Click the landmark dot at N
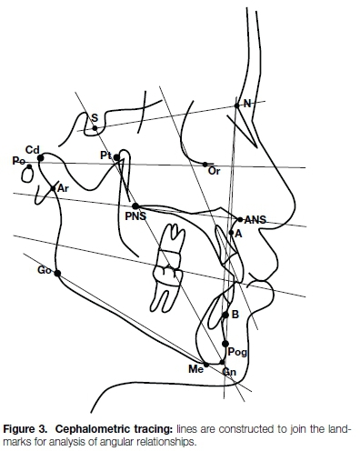pyautogui.click(x=236, y=105)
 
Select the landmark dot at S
pyautogui.click(x=95, y=128)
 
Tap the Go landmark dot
pyautogui.click(x=57, y=274)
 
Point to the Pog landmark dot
pyautogui.click(x=225, y=344)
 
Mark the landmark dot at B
pyautogui.click(x=225, y=316)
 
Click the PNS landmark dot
pyautogui.click(x=135, y=206)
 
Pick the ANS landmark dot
pyautogui.click(x=240, y=219)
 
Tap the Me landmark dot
pyautogui.click(x=206, y=365)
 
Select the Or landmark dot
pyautogui.click(x=205, y=165)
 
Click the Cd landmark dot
pyautogui.click(x=41, y=158)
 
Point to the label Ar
pyautogui.click(x=63, y=188)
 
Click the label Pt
pyautogui.click(x=105, y=155)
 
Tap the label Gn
pyautogui.click(x=229, y=372)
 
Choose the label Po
pyautogui.click(x=18, y=161)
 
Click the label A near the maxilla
pyautogui.click(x=238, y=234)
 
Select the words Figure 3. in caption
pyautogui.click(x=25, y=429)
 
